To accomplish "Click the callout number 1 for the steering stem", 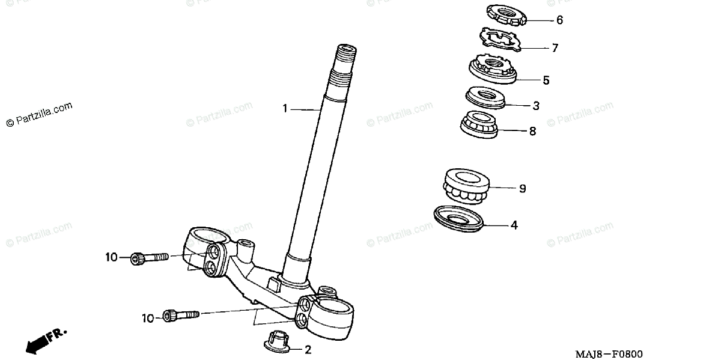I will pos(286,109).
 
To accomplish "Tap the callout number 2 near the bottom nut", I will pos(308,349).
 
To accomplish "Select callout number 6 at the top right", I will pos(559,20).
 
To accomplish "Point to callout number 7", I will pos(555,47).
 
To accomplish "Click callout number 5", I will pos(546,79).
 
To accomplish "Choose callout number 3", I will pos(535,106).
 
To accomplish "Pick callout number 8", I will pos(532,130).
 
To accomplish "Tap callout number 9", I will pos(522,189).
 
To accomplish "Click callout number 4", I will pos(514,226).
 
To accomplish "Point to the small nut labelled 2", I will pos(276,341).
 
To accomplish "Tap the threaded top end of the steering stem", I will pos(345,57).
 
